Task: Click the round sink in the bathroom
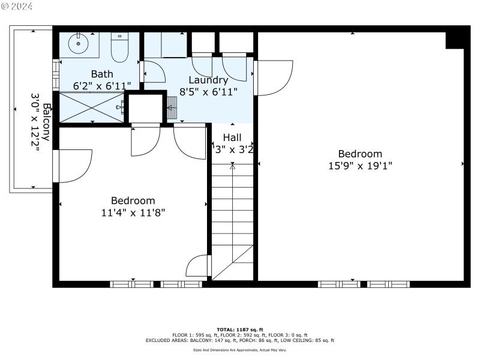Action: pyautogui.click(x=77, y=43)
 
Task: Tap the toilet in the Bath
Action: pyautogui.click(x=120, y=47)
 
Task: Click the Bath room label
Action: pyautogui.click(x=102, y=74)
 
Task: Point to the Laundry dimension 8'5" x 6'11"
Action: pyautogui.click(x=208, y=92)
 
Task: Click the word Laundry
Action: pyautogui.click(x=208, y=80)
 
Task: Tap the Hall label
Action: pyautogui.click(x=232, y=137)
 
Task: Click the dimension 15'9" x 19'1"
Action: pyautogui.click(x=360, y=166)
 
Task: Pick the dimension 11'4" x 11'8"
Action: pyautogui.click(x=133, y=212)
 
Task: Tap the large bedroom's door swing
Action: pyautogui.click(x=273, y=77)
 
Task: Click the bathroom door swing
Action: pyautogui.click(x=154, y=71)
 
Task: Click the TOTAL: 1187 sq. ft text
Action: pyautogui.click(x=240, y=329)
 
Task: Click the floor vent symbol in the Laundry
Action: pyautogui.click(x=173, y=111)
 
